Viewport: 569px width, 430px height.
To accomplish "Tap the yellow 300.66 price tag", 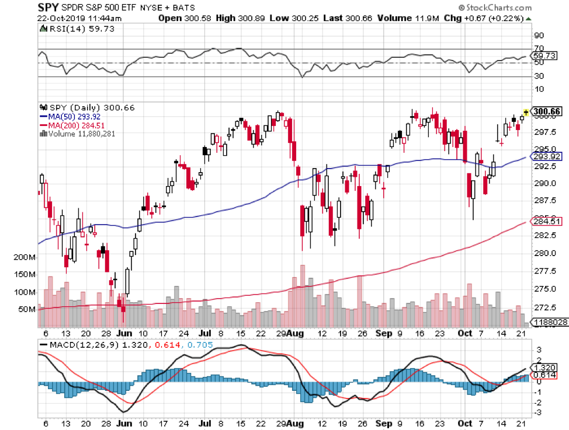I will coord(547,112).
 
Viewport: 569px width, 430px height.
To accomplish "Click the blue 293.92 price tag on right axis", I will coord(547,156).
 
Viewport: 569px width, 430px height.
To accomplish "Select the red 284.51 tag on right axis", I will coord(547,221).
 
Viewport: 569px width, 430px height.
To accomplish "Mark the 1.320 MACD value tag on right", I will coord(547,368).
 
